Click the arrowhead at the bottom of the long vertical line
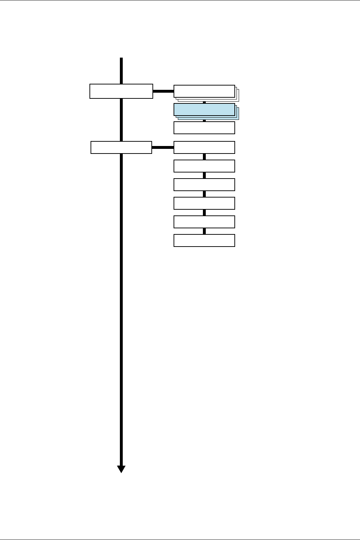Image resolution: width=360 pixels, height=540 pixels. tap(121, 469)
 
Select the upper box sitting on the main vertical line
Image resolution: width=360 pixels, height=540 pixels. tap(121, 91)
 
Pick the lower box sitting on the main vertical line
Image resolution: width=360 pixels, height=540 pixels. tap(121, 147)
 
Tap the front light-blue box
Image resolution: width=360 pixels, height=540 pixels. tap(204, 110)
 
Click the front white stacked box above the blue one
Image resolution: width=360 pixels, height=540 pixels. tap(204, 91)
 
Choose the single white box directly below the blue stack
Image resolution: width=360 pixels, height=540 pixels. tap(204, 128)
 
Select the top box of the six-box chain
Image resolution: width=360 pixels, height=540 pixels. tap(204, 147)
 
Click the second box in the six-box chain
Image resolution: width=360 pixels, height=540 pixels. tap(204, 166)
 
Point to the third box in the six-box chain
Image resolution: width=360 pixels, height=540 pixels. tap(204, 185)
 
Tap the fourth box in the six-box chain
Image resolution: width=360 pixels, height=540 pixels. tap(204, 203)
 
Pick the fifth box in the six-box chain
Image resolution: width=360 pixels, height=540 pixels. tap(204, 222)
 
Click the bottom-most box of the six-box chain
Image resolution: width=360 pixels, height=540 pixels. tap(204, 240)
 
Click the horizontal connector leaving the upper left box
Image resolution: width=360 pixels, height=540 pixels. tap(164, 91)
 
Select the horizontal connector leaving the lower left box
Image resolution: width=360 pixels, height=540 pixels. tap(163, 147)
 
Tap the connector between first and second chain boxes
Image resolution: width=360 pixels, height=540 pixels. tap(204, 157)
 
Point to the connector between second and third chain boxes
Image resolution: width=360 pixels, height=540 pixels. tap(204, 175)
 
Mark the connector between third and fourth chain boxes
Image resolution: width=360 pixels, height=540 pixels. tap(204, 194)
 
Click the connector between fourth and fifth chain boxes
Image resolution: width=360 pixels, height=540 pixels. tap(204, 213)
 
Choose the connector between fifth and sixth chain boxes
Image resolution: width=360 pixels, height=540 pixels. tap(204, 231)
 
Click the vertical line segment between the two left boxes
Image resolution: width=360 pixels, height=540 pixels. tap(121, 120)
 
